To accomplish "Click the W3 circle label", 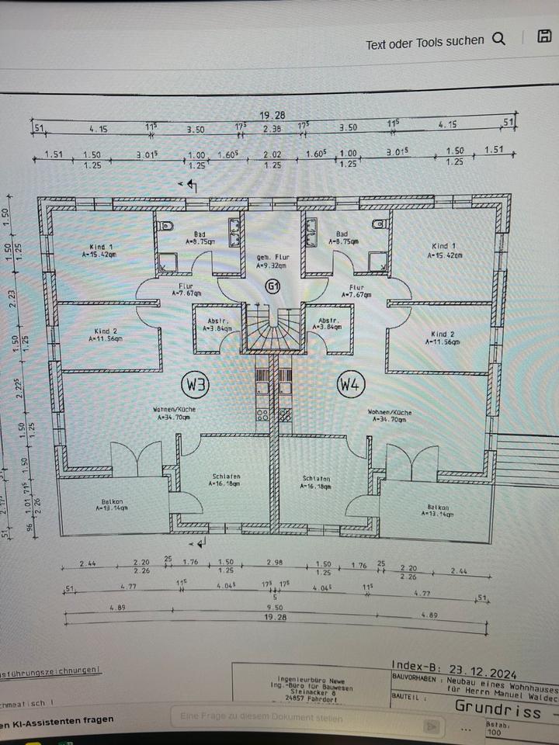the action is point(196,383).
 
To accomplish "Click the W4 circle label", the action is point(350,383).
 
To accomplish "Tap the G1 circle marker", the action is point(273,286).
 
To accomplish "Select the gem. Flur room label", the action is point(272,261).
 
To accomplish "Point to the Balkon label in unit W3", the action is point(106,504).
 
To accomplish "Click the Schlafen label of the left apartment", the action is point(226,480).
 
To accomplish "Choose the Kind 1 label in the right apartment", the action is point(444,249).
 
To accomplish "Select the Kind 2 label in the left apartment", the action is point(105,334).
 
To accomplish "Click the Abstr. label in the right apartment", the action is point(327,323).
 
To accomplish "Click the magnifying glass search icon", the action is point(498,40).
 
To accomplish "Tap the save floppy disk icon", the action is point(544,37).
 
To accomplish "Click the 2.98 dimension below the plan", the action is point(275,562).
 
